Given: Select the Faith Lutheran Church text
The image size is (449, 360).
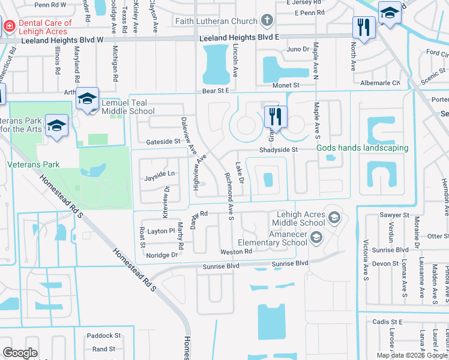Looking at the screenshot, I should tap(215, 21).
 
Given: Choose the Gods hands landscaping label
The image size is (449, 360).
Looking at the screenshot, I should tap(362, 148).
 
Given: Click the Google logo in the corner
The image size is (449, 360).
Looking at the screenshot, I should tap(20, 352).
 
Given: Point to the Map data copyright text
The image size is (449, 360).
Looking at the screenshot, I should tap(412, 355).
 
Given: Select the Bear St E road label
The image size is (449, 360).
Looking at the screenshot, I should tap(216, 91).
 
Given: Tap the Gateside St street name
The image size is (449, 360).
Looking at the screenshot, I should tap(163, 142).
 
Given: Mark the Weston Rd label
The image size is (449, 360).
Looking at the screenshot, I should tap(236, 251).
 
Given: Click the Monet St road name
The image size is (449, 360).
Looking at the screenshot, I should tap(286, 86).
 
